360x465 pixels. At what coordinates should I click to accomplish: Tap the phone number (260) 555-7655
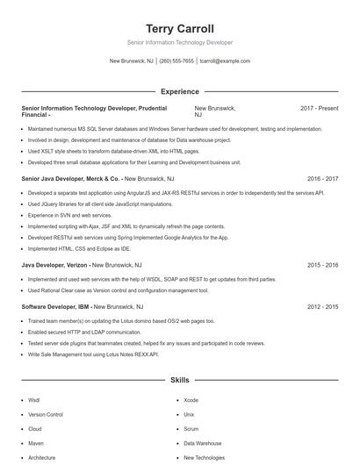176,61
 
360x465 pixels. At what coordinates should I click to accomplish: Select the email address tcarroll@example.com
225,61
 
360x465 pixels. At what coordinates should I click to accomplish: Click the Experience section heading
180,91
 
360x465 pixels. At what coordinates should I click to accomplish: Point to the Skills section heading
180,380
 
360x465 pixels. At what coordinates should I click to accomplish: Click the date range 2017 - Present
319,108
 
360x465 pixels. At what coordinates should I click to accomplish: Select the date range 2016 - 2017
322,177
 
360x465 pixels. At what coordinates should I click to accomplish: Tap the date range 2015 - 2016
322,264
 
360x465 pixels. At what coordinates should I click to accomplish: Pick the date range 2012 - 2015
322,307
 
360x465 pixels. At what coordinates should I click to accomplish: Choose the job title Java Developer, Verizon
54,264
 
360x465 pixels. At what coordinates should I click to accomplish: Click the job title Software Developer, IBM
56,307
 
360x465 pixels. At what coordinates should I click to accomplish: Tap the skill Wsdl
34,399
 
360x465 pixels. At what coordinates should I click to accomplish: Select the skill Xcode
191,399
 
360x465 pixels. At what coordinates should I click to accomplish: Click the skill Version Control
46,414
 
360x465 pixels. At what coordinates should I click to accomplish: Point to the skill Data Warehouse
203,443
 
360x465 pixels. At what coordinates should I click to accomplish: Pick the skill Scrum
191,429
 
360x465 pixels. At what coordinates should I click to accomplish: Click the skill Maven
36,443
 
